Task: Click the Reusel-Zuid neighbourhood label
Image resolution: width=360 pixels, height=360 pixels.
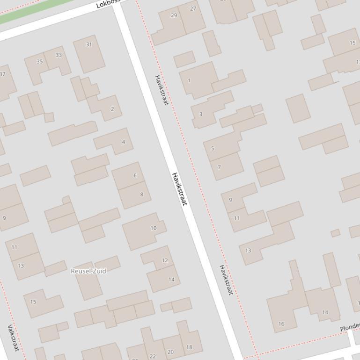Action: pos(88,271)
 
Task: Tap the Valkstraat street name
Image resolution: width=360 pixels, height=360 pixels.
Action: pos(13,338)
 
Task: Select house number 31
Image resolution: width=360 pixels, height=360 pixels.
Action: pos(89,45)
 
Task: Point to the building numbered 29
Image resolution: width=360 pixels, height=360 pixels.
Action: pos(174,15)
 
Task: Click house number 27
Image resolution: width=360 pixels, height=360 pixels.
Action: pos(193,9)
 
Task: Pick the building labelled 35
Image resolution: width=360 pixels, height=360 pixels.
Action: pos(40,62)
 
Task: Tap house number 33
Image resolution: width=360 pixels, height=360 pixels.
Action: pos(59,55)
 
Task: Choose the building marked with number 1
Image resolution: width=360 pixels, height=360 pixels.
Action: pos(189,80)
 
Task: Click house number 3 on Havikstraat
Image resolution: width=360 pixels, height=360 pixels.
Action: pos(201,114)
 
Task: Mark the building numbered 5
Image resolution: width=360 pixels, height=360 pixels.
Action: pos(213,149)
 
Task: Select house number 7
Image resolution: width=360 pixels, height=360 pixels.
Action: pos(219,167)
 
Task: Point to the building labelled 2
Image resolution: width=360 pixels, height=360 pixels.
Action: pos(112,109)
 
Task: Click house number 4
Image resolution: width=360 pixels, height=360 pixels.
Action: pos(123,142)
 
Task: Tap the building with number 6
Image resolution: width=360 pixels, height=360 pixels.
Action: pos(135,175)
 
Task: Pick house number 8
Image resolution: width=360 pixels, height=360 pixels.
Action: pos(141,194)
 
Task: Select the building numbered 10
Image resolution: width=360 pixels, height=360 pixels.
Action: pos(153,228)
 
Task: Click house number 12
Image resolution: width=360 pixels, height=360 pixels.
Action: pos(164,260)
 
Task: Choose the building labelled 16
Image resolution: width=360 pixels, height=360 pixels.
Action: pos(281,324)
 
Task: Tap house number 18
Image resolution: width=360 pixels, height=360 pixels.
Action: pos(189,347)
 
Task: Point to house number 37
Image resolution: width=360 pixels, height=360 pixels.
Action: pos(3,74)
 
